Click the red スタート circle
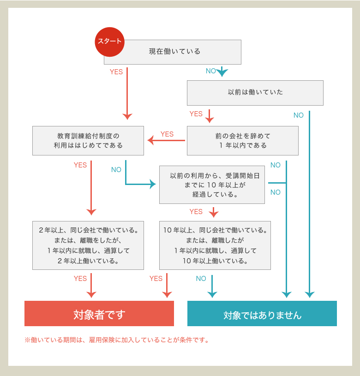[109, 42]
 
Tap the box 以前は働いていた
[255, 93]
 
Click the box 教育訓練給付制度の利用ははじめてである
[88, 141]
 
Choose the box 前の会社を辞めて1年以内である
[243, 141]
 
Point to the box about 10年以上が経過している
[212, 185]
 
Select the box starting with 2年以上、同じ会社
[88, 245]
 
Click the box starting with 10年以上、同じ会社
[215, 245]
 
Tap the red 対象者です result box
[99, 313]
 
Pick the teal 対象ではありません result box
[262, 313]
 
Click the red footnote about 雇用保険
[117, 340]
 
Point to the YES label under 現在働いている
[116, 72]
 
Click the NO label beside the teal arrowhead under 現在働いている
[211, 71]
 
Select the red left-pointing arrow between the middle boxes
[166, 140]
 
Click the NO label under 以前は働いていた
[299, 115]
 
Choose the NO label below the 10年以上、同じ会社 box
[201, 278]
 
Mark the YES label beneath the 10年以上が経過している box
[196, 211]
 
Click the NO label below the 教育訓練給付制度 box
[116, 170]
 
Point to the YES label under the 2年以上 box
[80, 278]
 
